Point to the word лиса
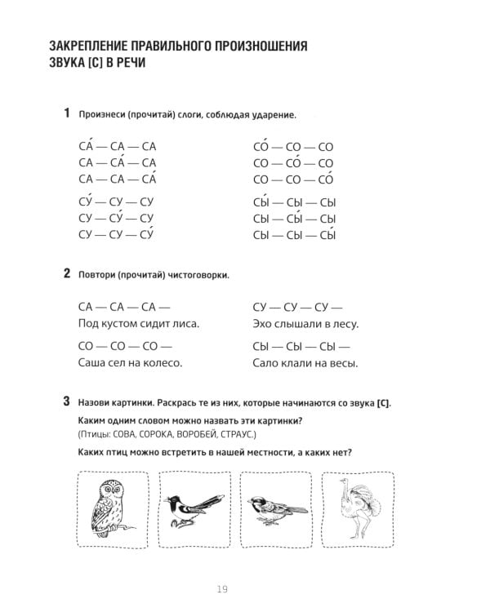click(x=185, y=324)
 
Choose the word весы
click(x=342, y=363)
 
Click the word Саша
click(x=93, y=363)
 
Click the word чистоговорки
click(x=196, y=276)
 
